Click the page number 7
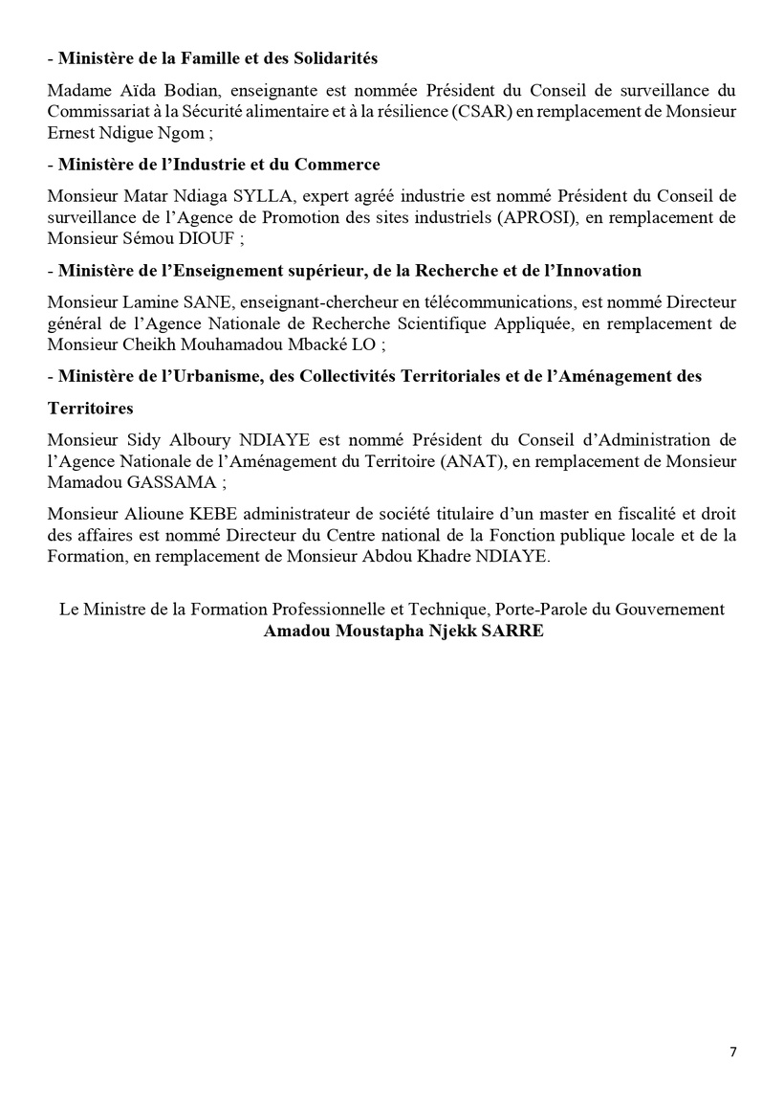tap(733, 1052)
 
